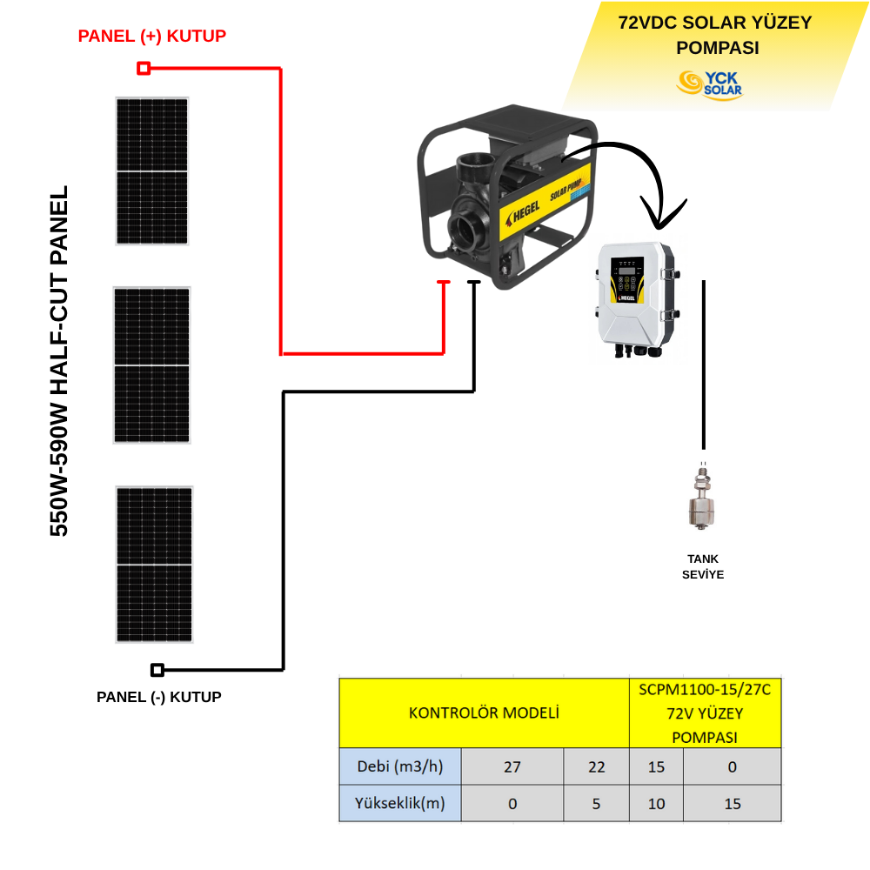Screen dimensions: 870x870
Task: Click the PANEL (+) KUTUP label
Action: [152, 36]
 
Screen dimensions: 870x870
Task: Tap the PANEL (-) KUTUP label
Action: [159, 697]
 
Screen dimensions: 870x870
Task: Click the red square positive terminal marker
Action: [144, 68]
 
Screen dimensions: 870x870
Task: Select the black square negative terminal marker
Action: [157, 670]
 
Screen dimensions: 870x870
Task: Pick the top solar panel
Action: [152, 171]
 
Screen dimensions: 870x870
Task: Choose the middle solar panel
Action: [151, 365]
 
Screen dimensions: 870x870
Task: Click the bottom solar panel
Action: [154, 565]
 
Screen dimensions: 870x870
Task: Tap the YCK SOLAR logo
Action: [709, 84]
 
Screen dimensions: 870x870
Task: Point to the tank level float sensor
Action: [701, 500]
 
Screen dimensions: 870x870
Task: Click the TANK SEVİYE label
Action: [702, 566]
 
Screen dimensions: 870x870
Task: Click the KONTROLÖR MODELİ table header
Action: [484, 713]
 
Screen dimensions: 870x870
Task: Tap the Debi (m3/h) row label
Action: [399, 766]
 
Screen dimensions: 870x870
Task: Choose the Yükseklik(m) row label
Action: [399, 804]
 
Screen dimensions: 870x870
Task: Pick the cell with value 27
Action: [512, 766]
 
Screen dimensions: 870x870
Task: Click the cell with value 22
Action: [596, 766]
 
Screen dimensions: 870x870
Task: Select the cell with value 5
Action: [596, 804]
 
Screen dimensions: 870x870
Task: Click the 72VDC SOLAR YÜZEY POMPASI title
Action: [713, 35]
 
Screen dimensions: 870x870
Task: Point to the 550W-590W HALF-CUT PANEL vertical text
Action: [59, 361]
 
